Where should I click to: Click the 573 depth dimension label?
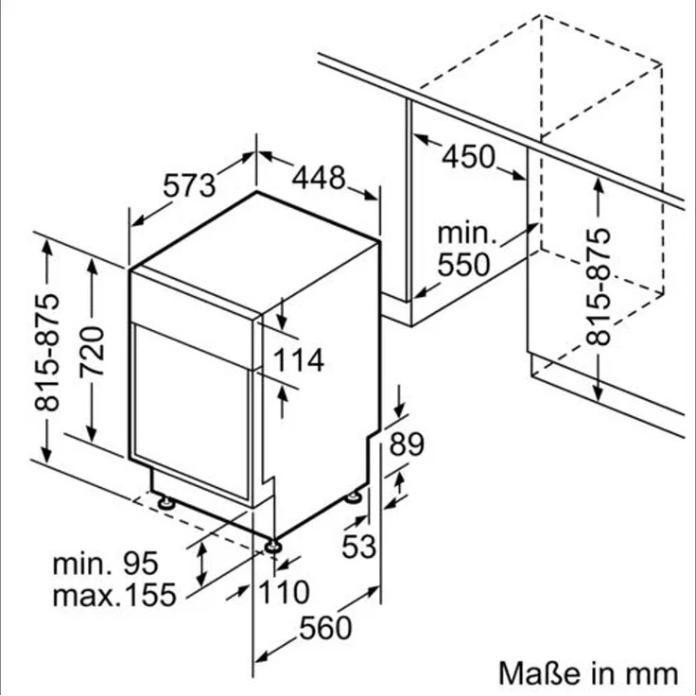pos(190,185)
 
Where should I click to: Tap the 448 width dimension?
pos(318,177)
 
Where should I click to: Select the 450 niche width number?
pos(469,156)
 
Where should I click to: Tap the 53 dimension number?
pos(358,546)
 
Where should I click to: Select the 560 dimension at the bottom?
pos(326,627)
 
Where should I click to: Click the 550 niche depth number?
pos(462,264)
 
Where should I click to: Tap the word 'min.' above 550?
pos(465,233)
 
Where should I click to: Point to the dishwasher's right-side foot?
pos(357,496)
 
